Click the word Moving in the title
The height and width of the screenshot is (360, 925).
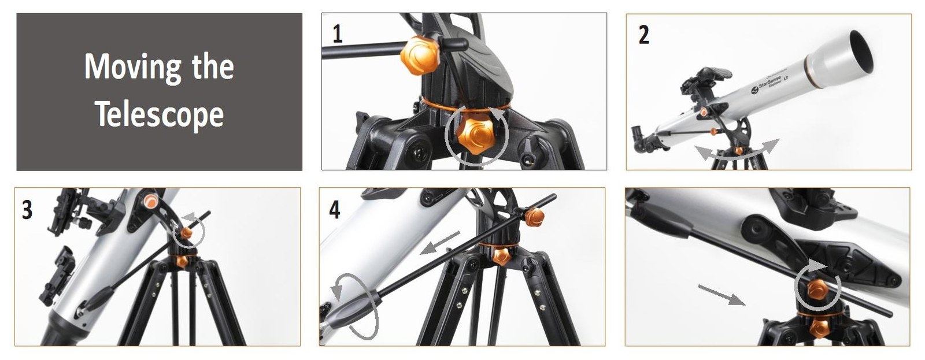pos(133,67)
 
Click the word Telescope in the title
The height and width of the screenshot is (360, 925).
pos(160,114)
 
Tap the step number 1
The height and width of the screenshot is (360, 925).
pos(338,34)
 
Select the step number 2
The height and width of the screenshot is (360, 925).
pos(644,35)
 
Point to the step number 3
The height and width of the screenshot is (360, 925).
pos(27,210)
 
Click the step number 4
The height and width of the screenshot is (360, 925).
pos(335,210)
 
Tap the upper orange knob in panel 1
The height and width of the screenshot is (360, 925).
pos(420,55)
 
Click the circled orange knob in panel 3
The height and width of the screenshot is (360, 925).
pos(186,233)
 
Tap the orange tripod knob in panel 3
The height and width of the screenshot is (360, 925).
pos(182,261)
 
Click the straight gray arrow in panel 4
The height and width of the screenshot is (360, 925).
pos(439,243)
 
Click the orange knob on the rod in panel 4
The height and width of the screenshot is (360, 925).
pos(534,217)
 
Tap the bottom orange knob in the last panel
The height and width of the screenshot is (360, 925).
pos(819,328)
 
